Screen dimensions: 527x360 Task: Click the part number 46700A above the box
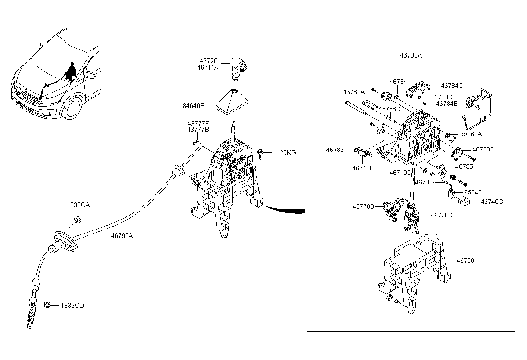pos(411,55)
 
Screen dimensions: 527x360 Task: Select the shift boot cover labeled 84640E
pos(232,101)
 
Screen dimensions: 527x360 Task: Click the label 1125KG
pos(285,153)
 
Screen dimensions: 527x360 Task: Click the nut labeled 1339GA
pos(78,220)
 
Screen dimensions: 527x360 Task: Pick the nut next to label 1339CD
pos(47,305)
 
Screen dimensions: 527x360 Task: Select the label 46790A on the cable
pos(122,235)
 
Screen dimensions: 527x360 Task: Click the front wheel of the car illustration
pos(73,108)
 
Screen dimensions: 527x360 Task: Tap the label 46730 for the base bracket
pos(465,260)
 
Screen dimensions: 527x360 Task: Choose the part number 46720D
pos(441,215)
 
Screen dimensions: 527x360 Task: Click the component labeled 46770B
pos(394,209)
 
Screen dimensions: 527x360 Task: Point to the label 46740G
pos(492,202)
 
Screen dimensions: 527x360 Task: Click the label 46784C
pos(451,86)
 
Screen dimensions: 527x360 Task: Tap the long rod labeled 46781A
pos(356,108)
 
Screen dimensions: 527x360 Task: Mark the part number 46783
pos(335,150)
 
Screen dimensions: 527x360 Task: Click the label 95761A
pos(471,134)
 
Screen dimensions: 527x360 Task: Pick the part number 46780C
pos(483,149)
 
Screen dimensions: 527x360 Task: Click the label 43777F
pos(198,123)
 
